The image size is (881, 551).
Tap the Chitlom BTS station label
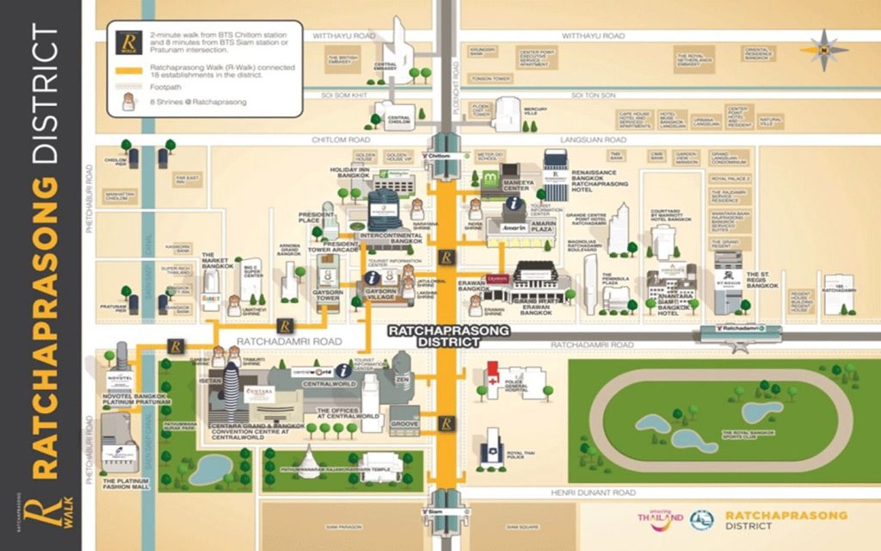click(x=437, y=156)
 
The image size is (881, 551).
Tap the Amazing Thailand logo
click(x=660, y=517)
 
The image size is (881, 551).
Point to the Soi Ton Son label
click(x=591, y=95)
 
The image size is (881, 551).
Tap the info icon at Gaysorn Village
click(x=372, y=278)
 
